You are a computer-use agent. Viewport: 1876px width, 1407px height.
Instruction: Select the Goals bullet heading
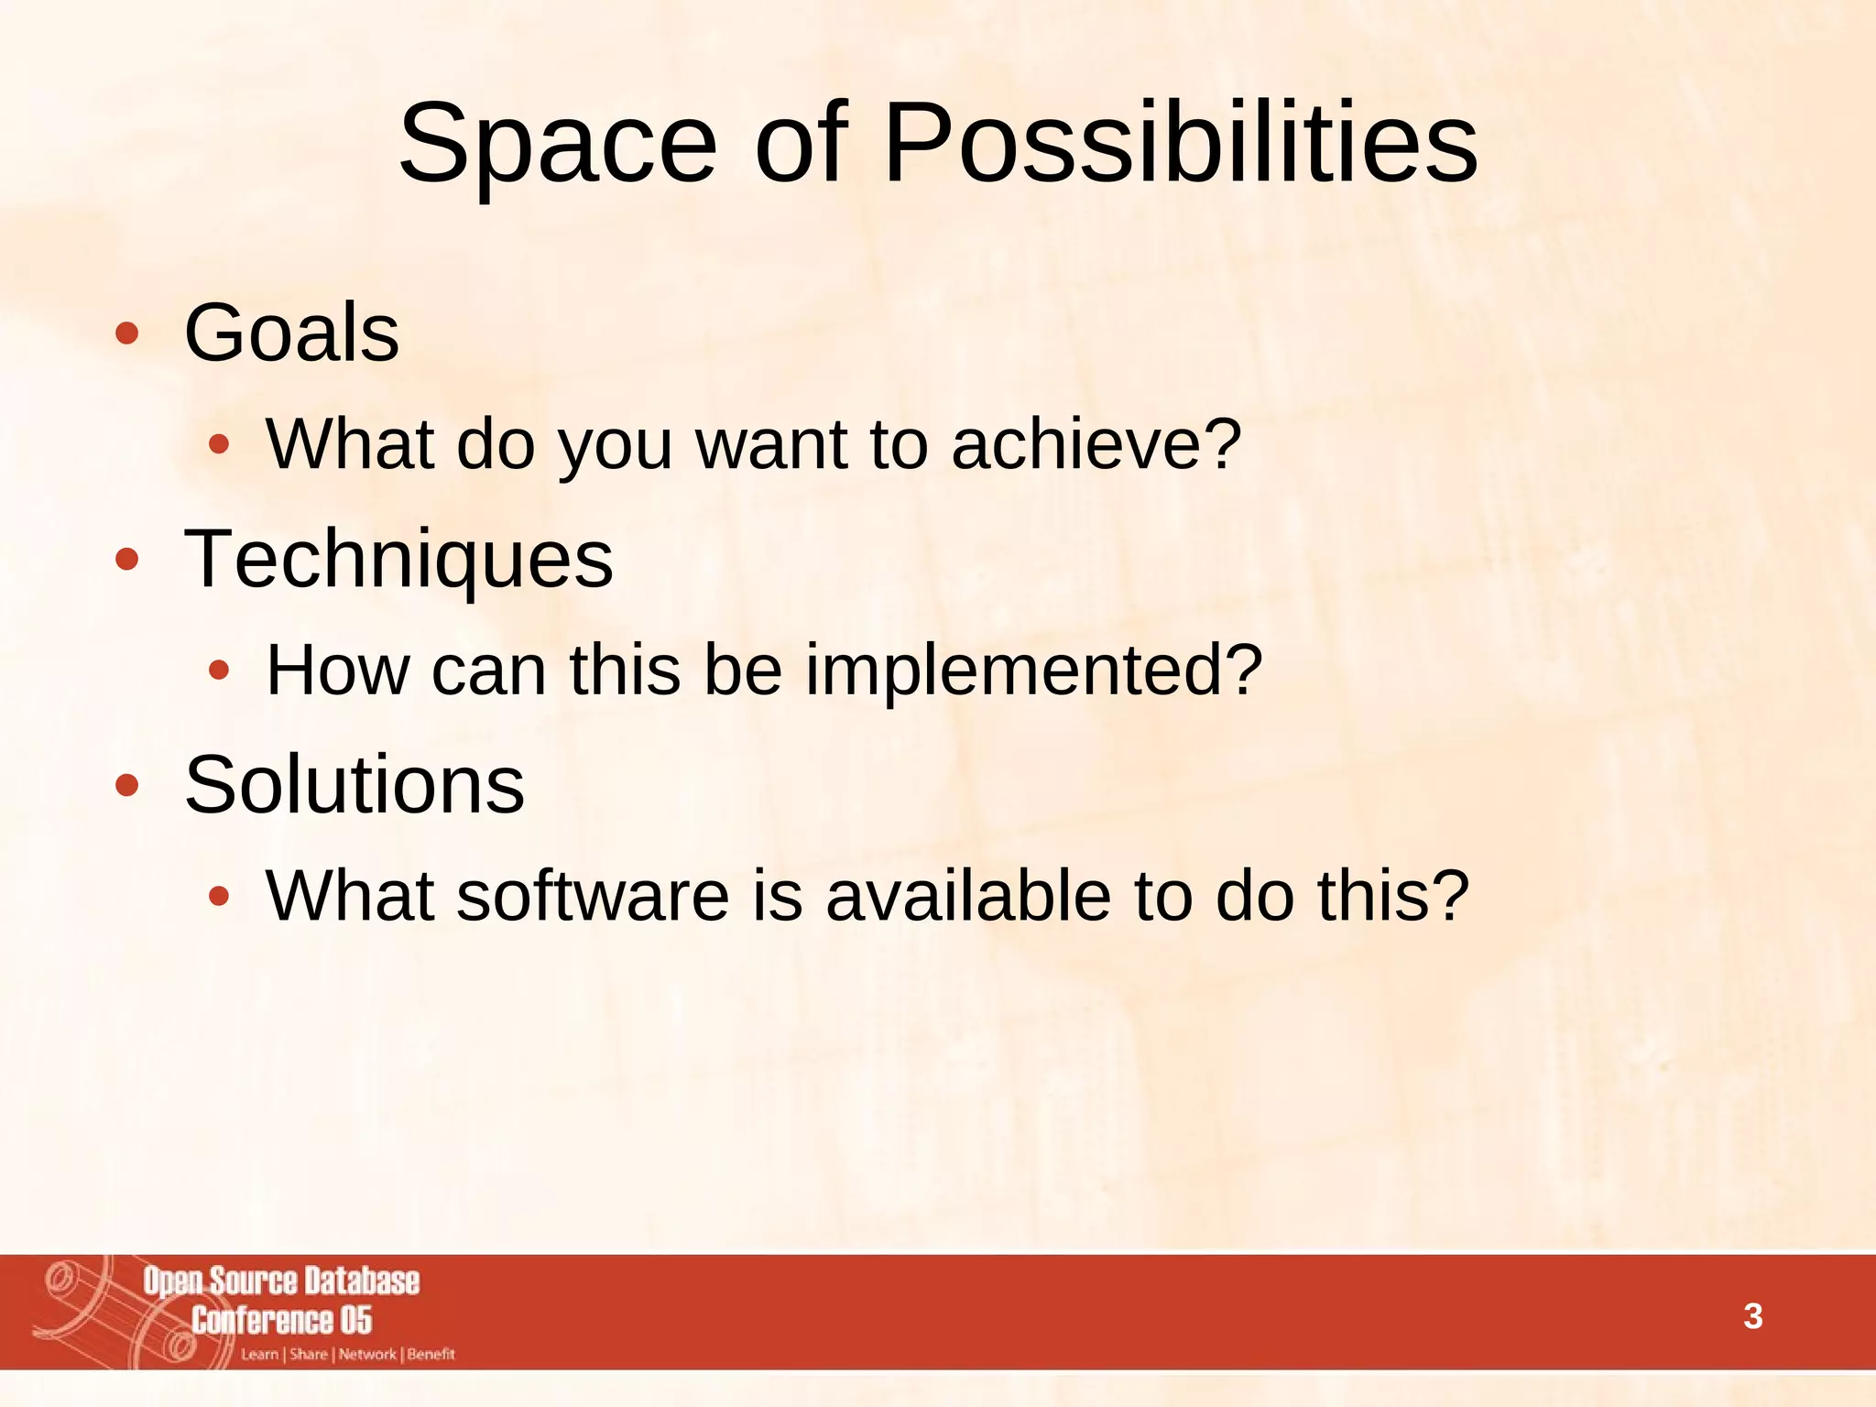tap(291, 333)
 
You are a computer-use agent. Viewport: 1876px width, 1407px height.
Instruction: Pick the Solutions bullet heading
tap(354, 785)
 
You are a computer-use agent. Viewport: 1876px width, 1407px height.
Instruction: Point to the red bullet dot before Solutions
tap(127, 785)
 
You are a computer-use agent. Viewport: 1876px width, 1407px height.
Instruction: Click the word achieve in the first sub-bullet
tap(1096, 445)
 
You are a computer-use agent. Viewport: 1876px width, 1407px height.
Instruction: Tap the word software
tap(593, 896)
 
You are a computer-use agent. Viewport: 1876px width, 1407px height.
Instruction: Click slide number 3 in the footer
tap(1752, 1316)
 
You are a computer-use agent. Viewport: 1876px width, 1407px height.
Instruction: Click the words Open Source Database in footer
tap(281, 1282)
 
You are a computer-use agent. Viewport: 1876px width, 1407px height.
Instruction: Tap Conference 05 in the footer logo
tap(281, 1321)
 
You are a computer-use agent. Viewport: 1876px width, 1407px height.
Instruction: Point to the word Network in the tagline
tap(367, 1355)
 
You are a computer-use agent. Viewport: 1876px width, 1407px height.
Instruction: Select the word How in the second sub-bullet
tap(337, 671)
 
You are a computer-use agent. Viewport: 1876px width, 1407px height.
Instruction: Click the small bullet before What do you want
tap(218, 445)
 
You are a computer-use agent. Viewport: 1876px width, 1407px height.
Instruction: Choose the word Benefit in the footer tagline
tap(431, 1355)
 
